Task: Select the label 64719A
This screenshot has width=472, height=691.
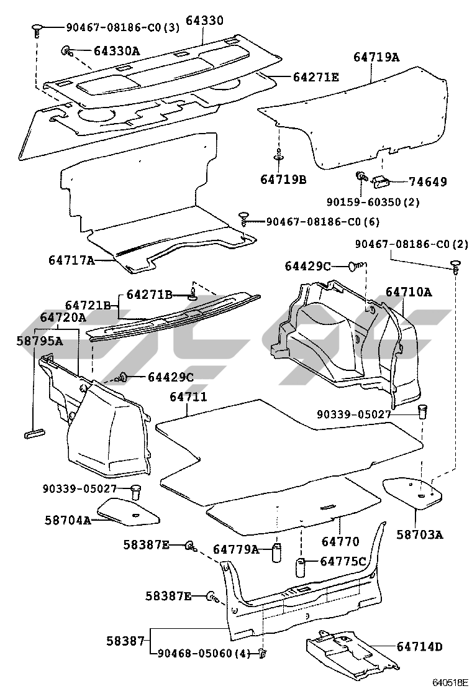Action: (x=376, y=57)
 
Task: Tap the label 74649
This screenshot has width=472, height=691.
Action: (x=427, y=182)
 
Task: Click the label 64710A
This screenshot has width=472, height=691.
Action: (x=409, y=291)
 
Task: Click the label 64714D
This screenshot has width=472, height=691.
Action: (x=419, y=646)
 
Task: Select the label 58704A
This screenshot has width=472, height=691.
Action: (x=68, y=519)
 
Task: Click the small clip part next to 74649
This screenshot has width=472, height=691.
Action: (x=381, y=180)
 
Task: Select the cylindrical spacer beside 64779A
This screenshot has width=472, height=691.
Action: (x=276, y=552)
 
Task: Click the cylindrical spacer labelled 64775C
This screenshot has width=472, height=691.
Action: (x=302, y=568)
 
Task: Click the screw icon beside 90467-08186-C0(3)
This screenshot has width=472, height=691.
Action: (x=38, y=29)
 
